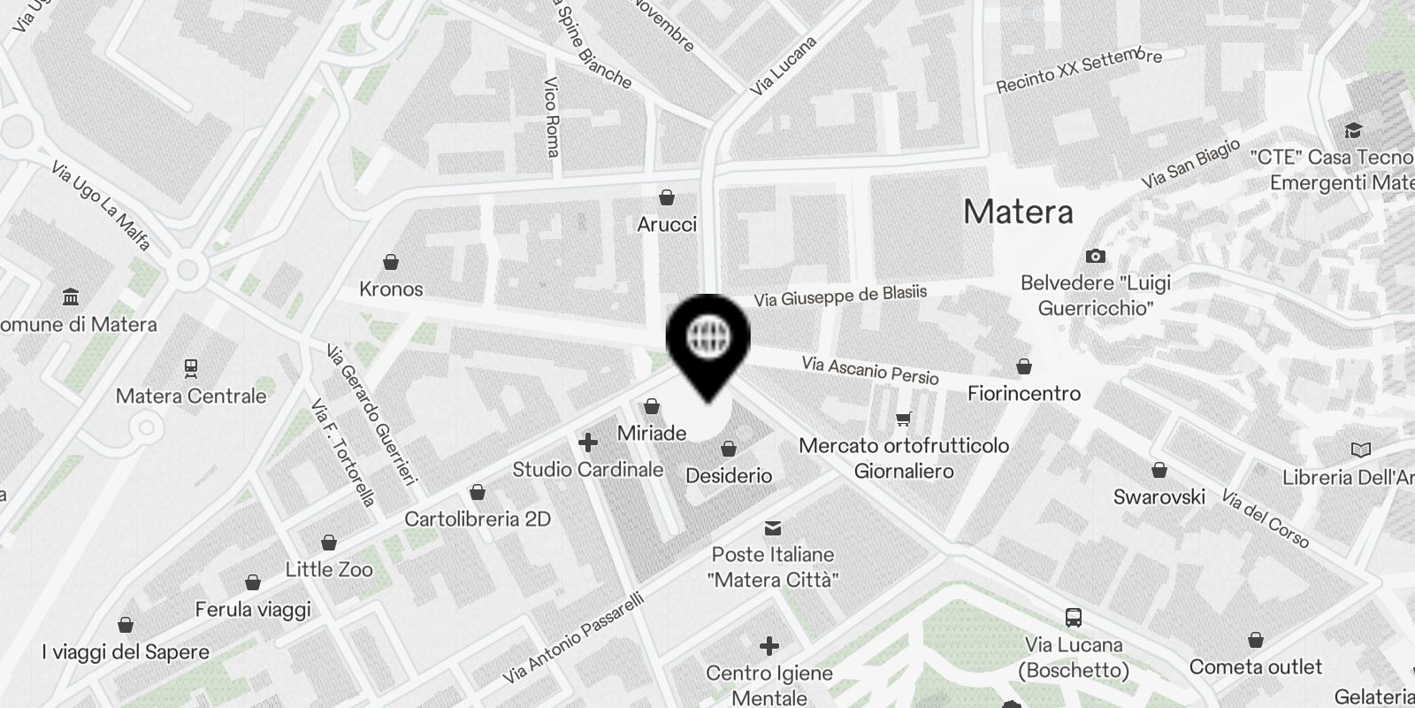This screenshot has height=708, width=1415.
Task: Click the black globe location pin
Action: (x=707, y=341)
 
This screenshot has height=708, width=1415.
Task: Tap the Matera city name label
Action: (x=1018, y=212)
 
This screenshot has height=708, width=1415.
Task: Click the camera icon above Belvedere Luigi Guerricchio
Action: (x=1095, y=256)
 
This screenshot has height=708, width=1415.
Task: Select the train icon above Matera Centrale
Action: (x=190, y=366)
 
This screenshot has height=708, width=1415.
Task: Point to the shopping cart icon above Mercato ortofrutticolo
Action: (x=903, y=419)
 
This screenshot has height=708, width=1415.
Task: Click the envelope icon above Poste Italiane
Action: (x=773, y=528)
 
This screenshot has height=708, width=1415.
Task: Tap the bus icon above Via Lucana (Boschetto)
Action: (x=1074, y=618)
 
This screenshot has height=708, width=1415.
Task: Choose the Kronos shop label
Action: (x=391, y=289)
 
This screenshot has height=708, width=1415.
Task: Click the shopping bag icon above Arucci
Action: (x=667, y=196)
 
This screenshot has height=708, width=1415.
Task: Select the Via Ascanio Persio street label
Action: (x=870, y=370)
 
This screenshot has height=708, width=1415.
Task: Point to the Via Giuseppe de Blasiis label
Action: (x=840, y=296)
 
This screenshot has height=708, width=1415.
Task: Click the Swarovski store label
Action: (x=1159, y=496)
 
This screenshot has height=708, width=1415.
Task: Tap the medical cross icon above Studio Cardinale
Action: (x=587, y=442)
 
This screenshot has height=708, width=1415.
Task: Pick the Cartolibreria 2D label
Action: (x=478, y=519)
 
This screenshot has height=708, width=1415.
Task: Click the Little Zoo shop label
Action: (x=329, y=570)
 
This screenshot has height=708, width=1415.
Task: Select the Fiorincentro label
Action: (x=1024, y=393)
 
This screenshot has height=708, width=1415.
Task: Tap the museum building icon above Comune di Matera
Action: (x=72, y=296)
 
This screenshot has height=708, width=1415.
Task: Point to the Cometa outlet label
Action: (x=1255, y=666)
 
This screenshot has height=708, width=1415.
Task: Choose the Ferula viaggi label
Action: (x=253, y=610)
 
